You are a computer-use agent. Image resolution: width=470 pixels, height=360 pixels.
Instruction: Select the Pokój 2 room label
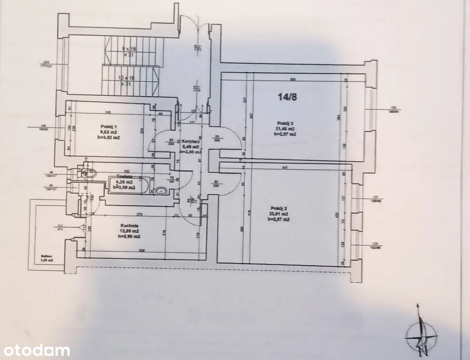[279, 208]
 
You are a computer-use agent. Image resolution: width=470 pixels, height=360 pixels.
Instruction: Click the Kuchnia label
[128, 225]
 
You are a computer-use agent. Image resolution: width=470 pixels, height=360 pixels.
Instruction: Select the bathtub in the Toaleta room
[128, 185]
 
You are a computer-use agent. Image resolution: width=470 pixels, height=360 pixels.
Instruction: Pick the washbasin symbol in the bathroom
[161, 191]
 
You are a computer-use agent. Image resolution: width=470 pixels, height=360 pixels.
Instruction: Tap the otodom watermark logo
[35, 350]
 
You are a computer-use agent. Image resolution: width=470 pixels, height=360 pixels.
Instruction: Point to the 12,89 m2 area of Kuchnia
[129, 231]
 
